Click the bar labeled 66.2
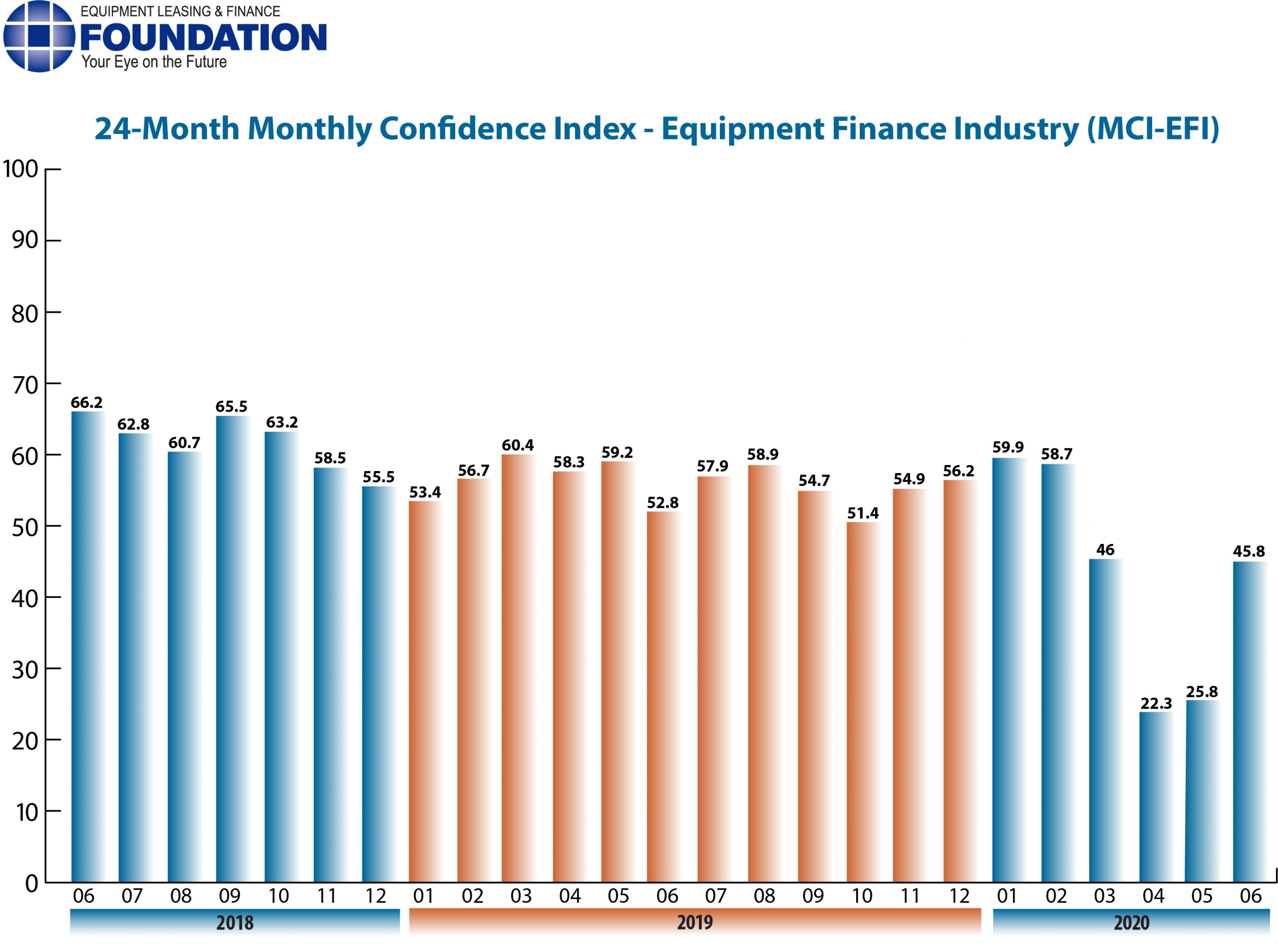87,646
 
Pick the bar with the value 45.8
1249,721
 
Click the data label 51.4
863,513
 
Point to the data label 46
1105,550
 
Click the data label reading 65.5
231,407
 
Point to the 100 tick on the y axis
20,169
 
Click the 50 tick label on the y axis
24,527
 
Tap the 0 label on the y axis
31,884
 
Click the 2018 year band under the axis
235,923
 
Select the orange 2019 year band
695,923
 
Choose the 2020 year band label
1131,923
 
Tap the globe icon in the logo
39,36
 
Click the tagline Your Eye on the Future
154,62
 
